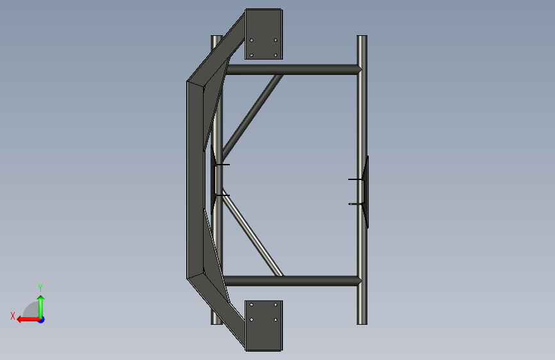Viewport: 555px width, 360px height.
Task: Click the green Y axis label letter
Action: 40,288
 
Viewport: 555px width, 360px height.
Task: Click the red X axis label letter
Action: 13,316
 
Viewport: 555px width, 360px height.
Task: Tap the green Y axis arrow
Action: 41,307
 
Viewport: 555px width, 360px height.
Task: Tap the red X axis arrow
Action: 28,320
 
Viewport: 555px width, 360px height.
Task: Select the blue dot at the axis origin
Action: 42,320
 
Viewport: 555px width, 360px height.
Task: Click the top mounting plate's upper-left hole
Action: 252,40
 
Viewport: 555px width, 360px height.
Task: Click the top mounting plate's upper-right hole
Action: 276,40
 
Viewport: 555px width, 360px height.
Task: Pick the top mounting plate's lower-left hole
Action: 252,55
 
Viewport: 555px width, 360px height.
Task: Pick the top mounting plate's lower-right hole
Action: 276,55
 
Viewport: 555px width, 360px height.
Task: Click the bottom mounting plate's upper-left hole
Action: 252,305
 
